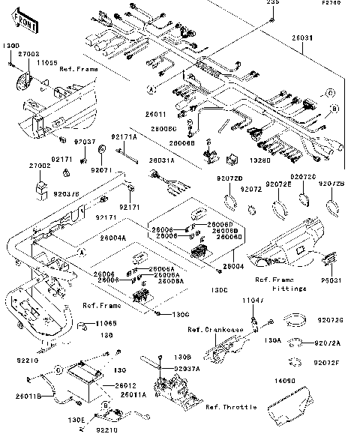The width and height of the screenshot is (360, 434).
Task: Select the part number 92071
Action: click(101, 170)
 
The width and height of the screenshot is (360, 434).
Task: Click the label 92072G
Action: click(330, 321)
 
